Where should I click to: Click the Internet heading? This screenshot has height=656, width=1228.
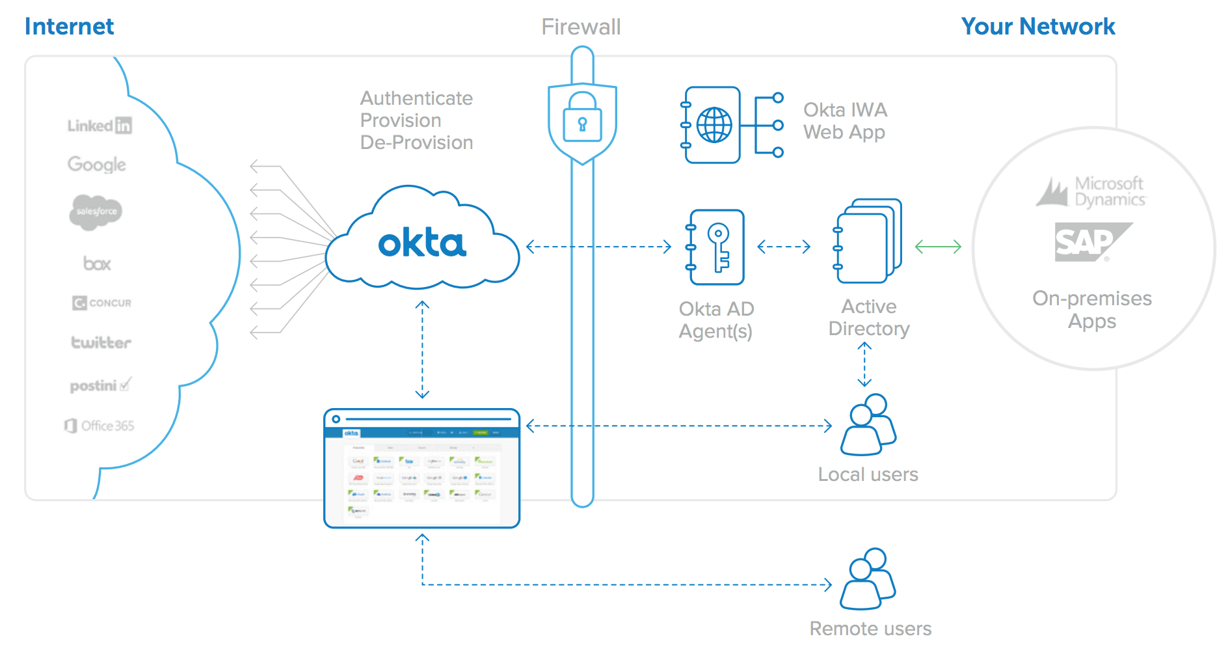(69, 27)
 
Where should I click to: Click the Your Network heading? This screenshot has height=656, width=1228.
(1037, 27)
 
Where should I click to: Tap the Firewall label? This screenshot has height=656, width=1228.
(581, 27)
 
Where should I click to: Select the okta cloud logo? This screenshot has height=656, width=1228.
(422, 243)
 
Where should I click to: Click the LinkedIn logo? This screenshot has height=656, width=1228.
(100, 126)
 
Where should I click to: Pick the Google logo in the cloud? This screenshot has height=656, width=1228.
(97, 165)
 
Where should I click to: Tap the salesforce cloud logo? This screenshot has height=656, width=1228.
(96, 212)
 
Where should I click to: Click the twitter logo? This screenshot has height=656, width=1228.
(101, 342)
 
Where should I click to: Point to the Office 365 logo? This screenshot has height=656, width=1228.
(100, 426)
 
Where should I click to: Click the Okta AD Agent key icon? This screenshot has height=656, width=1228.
(717, 247)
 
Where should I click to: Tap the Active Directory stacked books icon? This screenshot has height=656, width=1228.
(868, 241)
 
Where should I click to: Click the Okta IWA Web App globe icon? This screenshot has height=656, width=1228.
(714, 125)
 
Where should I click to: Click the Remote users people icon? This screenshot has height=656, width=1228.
(868, 579)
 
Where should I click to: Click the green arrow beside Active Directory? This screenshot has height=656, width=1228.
(938, 247)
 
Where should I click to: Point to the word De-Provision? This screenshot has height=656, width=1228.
(416, 143)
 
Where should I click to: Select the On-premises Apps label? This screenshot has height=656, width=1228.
(1091, 310)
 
